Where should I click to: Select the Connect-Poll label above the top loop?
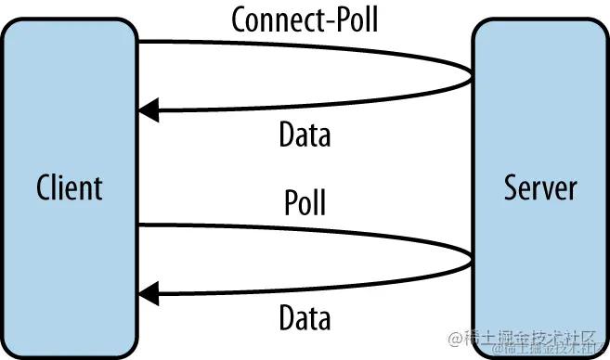tap(305, 19)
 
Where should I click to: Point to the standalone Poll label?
tap(305, 202)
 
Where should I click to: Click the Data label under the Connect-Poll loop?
tap(305, 135)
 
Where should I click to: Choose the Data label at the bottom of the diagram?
tap(305, 319)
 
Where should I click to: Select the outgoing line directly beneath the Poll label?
tap(305, 226)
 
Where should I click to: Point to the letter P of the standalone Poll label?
tap(290, 202)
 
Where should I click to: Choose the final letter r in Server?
tap(572, 188)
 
